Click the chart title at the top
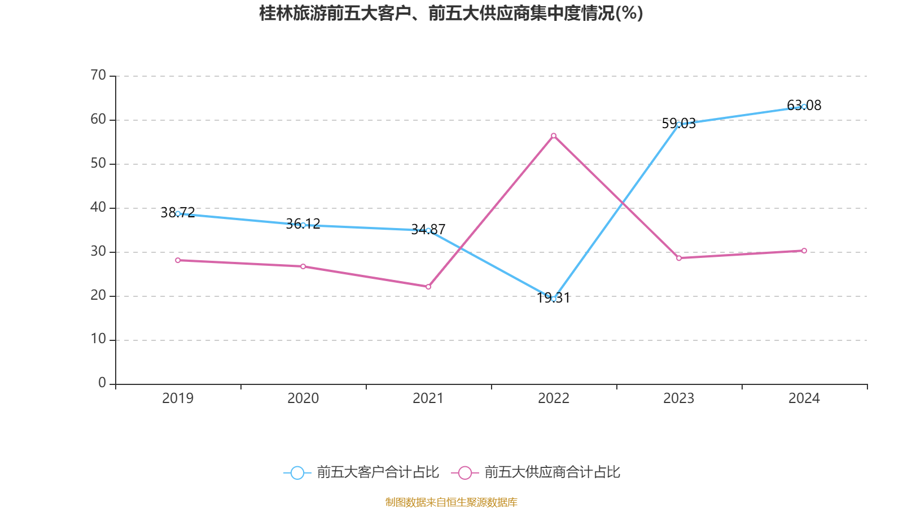451,13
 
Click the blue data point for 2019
178,214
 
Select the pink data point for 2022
554,135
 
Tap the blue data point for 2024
804,106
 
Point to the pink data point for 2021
428,287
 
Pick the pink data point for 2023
679,258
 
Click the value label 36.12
303,224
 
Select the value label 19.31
554,298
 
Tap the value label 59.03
679,124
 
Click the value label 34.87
428,230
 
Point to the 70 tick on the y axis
98,76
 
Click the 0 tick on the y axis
102,383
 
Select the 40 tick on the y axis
98,208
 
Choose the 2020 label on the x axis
303,398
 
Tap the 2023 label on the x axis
679,398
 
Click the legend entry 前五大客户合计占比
377,472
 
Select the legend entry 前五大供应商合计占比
552,472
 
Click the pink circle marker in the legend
465,472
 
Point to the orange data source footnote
451,502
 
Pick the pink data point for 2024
804,251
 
